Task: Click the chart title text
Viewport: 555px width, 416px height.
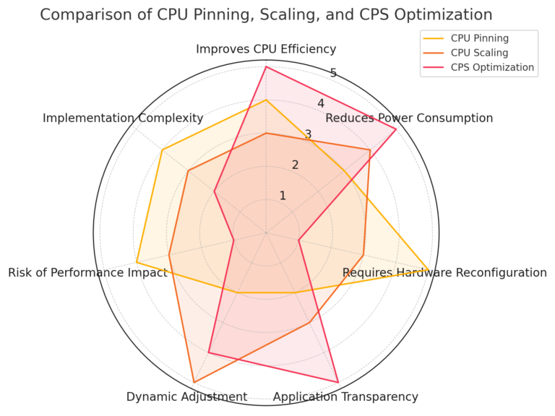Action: point(266,14)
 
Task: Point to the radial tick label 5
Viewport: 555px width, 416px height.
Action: point(333,73)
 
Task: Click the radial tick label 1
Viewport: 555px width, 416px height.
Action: point(283,196)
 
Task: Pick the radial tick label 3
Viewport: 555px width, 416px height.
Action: point(308,134)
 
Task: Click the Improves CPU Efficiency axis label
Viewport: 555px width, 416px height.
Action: point(266,49)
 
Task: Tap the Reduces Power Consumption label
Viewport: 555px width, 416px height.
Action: point(409,118)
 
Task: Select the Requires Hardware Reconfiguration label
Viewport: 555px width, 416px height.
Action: point(444,272)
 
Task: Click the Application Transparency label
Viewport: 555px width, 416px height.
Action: point(345,396)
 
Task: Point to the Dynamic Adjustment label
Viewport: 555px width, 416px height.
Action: point(186,396)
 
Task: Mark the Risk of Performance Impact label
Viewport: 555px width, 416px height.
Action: point(87,272)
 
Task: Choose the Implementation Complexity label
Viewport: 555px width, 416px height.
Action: point(123,118)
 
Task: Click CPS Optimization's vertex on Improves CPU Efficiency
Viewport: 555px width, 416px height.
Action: point(266,66)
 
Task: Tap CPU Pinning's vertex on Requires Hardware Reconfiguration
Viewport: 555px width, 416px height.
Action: point(429,270)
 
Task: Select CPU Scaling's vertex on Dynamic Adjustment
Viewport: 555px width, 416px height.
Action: point(194,382)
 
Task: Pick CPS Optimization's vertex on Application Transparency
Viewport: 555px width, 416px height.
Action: point(338,381)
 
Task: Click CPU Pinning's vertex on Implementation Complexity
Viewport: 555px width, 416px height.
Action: point(162,150)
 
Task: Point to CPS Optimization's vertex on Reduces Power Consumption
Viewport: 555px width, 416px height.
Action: point(396,129)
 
